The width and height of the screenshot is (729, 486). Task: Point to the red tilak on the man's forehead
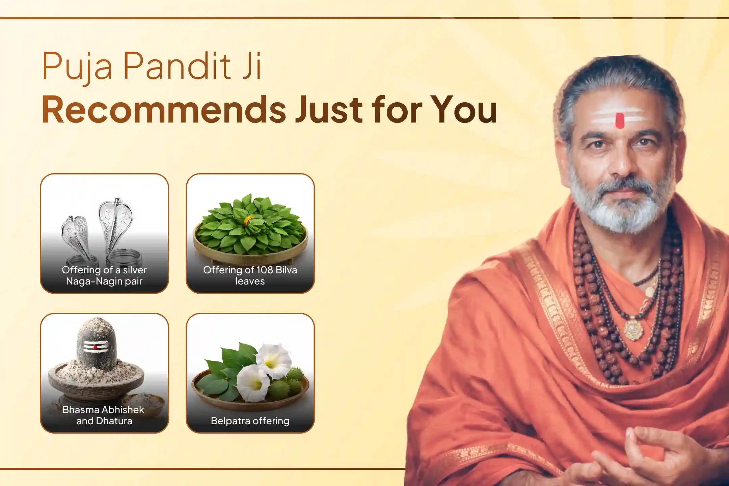coord(620,120)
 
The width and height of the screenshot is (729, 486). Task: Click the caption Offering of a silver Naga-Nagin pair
coord(104,275)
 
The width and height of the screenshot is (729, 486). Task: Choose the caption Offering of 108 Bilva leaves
coord(250,275)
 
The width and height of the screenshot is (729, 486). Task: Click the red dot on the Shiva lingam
coord(96,348)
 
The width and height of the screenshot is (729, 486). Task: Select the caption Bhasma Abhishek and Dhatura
coord(104,415)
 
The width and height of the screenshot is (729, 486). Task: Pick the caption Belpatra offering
coord(250,421)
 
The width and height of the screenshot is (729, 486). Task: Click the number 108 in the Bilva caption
coord(265,270)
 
